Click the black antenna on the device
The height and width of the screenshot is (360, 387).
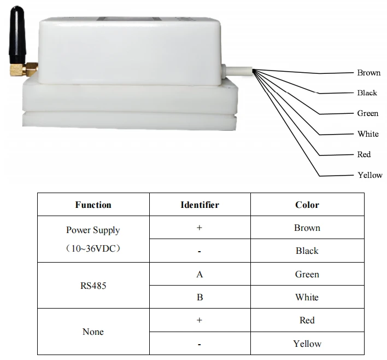tap(17, 36)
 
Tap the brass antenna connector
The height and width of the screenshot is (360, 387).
tap(24, 69)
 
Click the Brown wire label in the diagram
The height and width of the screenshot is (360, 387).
tap(369, 73)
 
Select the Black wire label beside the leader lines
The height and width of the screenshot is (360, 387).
tap(367, 92)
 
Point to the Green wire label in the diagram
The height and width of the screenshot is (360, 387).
tap(367, 113)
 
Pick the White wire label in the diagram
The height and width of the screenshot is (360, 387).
tap(368, 133)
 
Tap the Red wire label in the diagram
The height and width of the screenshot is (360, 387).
tap(364, 154)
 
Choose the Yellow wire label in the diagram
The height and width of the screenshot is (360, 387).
tap(370, 175)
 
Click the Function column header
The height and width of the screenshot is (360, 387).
tap(93, 205)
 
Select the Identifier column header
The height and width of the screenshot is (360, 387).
tap(200, 205)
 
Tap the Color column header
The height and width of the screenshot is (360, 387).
tap(307, 205)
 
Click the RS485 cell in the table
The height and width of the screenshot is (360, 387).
tap(93, 286)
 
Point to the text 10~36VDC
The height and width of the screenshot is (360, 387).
tap(93, 248)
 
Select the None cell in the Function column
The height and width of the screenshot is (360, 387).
tap(93, 332)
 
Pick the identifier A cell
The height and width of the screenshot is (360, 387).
tap(200, 274)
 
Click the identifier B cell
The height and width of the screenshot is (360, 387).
tap(200, 297)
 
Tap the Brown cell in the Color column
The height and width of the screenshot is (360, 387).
tap(307, 228)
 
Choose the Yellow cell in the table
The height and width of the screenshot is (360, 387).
tap(307, 344)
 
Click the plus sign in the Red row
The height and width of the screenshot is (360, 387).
tap(200, 320)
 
